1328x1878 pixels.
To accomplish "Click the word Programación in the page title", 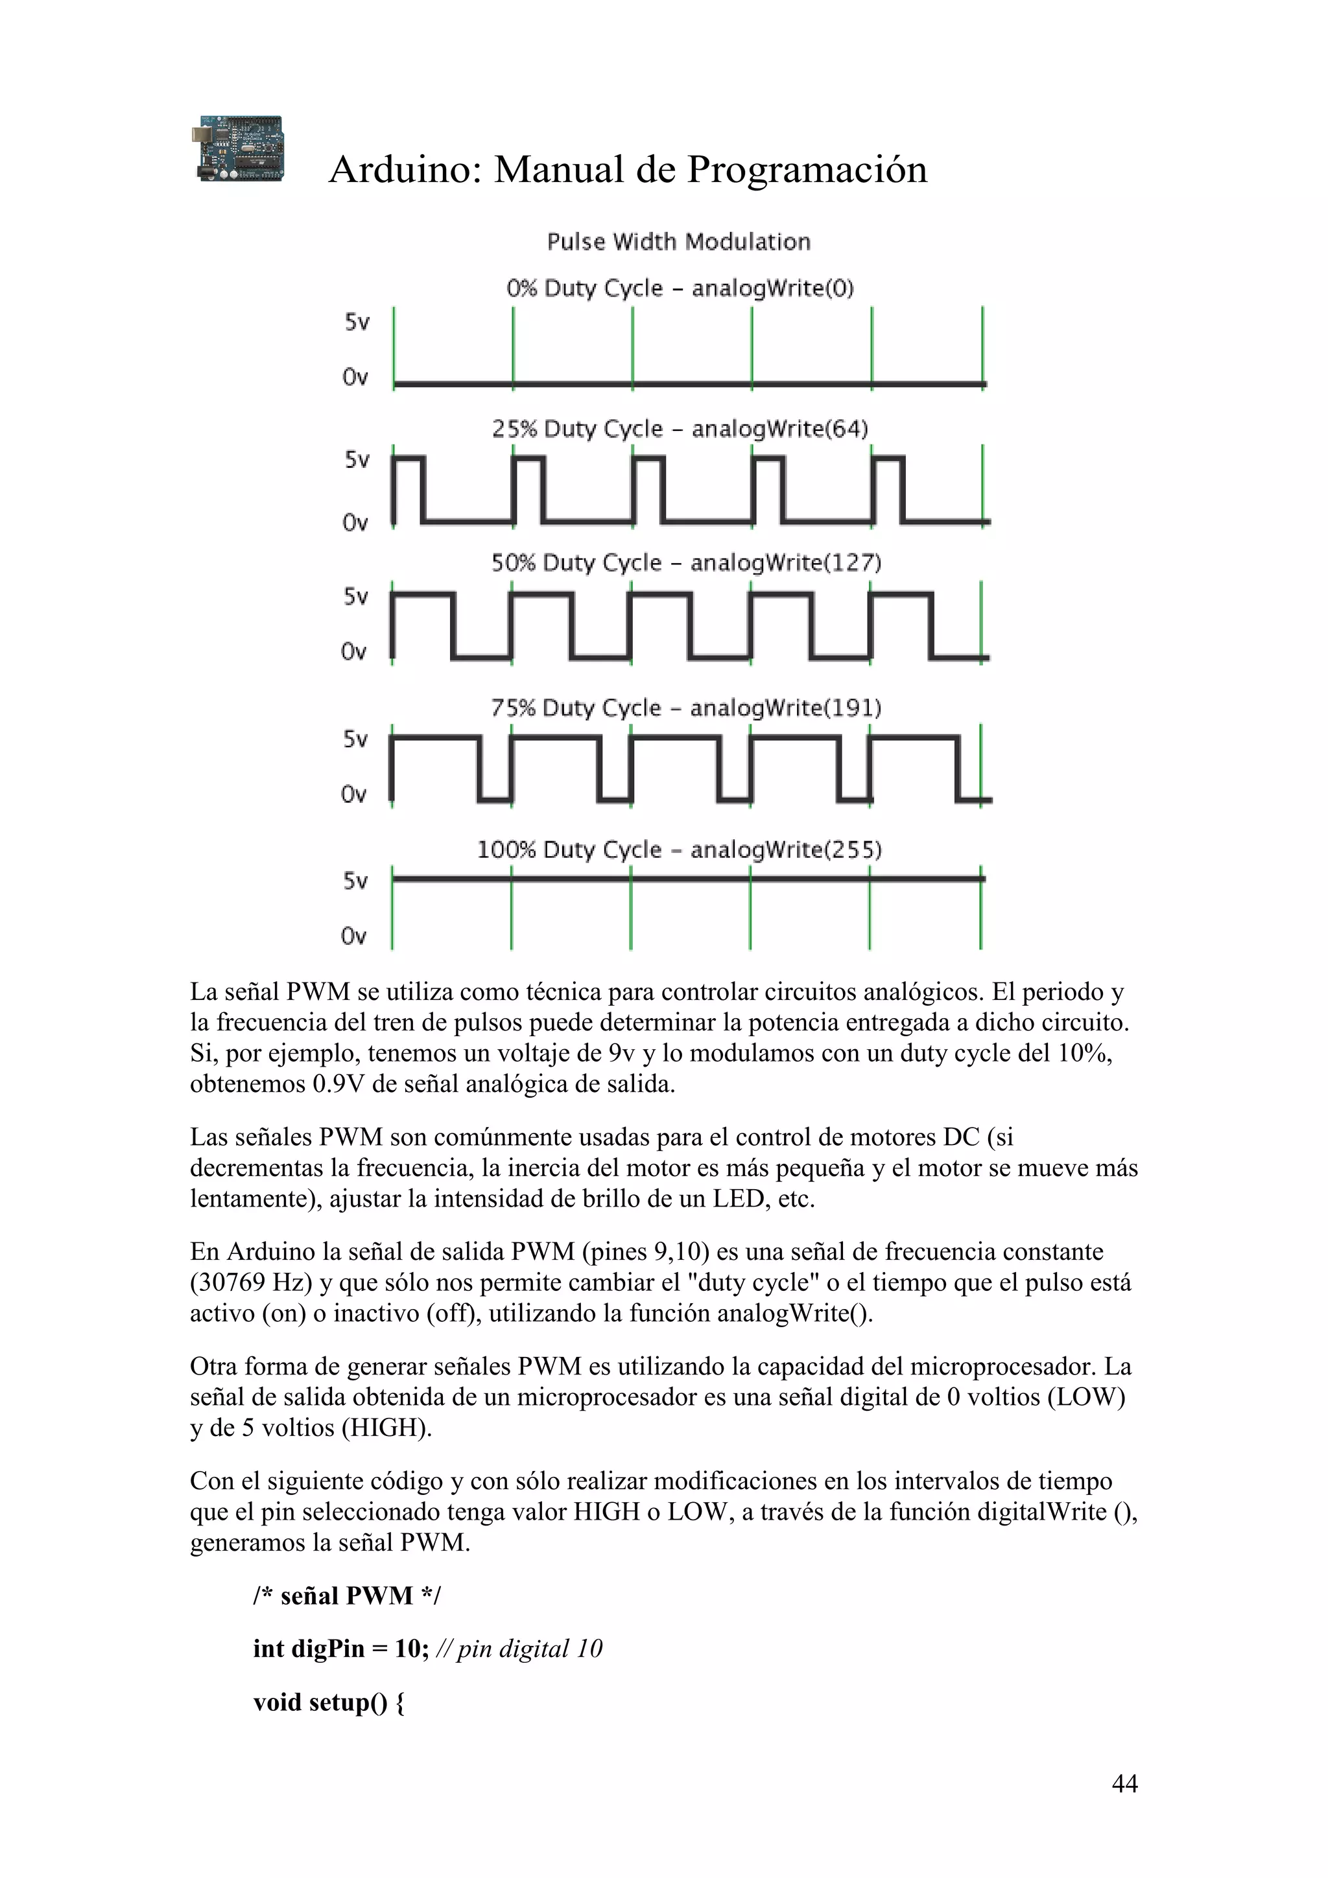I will point(806,170).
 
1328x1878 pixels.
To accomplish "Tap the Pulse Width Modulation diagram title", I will point(678,242).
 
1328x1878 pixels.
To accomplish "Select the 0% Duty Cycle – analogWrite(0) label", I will point(679,289).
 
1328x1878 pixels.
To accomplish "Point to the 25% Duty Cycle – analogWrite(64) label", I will point(679,430).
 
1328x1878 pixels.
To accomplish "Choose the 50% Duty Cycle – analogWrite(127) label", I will point(685,564).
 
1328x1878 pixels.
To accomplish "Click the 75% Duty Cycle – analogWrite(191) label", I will point(685,708).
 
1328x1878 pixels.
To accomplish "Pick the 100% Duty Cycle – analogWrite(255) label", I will point(679,851).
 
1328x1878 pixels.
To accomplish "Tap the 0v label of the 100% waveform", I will point(353,936).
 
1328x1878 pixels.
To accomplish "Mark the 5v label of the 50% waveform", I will point(356,597).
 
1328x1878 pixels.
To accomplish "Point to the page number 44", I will point(1124,1783).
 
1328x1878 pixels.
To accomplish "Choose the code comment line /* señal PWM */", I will point(346,1596).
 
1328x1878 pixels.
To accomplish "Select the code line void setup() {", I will point(328,1702).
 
